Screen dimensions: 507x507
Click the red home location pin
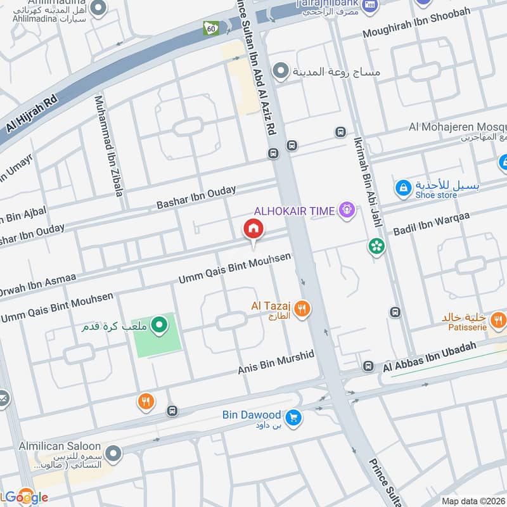(253, 229)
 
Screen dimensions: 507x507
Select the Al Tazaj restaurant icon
(304, 309)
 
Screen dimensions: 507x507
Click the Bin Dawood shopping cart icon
(293, 416)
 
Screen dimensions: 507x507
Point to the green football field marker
(160, 326)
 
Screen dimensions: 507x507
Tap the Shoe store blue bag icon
(402, 188)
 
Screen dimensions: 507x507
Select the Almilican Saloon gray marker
(113, 454)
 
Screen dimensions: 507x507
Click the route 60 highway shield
(210, 28)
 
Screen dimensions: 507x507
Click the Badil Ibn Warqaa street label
(430, 228)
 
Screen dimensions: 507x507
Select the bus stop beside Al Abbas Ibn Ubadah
(368, 366)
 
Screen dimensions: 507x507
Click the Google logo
(25, 497)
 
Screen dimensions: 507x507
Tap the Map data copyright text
(472, 501)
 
